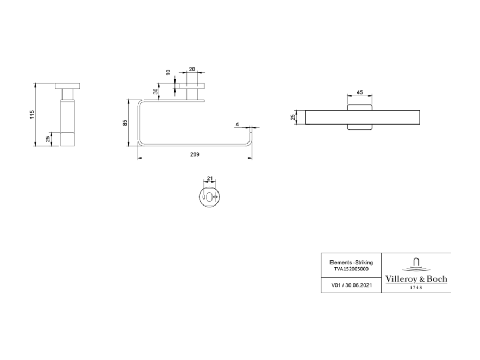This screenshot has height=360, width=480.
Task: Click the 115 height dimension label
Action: click(x=32, y=115)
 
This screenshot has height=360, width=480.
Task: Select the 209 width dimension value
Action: click(x=195, y=154)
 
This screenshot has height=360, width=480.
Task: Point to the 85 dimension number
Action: click(x=125, y=123)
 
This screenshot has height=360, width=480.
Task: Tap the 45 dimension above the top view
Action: click(x=360, y=92)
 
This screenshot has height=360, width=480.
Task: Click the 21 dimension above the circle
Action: click(x=210, y=178)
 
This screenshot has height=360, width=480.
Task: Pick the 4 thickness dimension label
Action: click(x=237, y=125)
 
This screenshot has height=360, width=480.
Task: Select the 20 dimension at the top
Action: click(x=192, y=69)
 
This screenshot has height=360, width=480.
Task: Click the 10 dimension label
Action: click(x=168, y=72)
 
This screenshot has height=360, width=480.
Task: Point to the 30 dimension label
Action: click(x=155, y=91)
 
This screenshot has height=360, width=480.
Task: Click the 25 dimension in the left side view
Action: click(x=48, y=139)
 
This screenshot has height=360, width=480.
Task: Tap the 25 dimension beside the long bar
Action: click(x=293, y=117)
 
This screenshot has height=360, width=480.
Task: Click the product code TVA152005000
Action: click(x=351, y=269)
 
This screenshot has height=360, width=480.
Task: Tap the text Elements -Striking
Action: click(x=351, y=262)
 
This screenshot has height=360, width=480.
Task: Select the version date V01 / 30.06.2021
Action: click(x=351, y=285)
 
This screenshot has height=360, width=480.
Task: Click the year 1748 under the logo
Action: click(x=416, y=288)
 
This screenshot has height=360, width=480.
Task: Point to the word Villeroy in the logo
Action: click(x=399, y=279)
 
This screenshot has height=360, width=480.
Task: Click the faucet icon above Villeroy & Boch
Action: click(x=416, y=265)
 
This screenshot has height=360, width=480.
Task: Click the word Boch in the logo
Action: click(x=437, y=279)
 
